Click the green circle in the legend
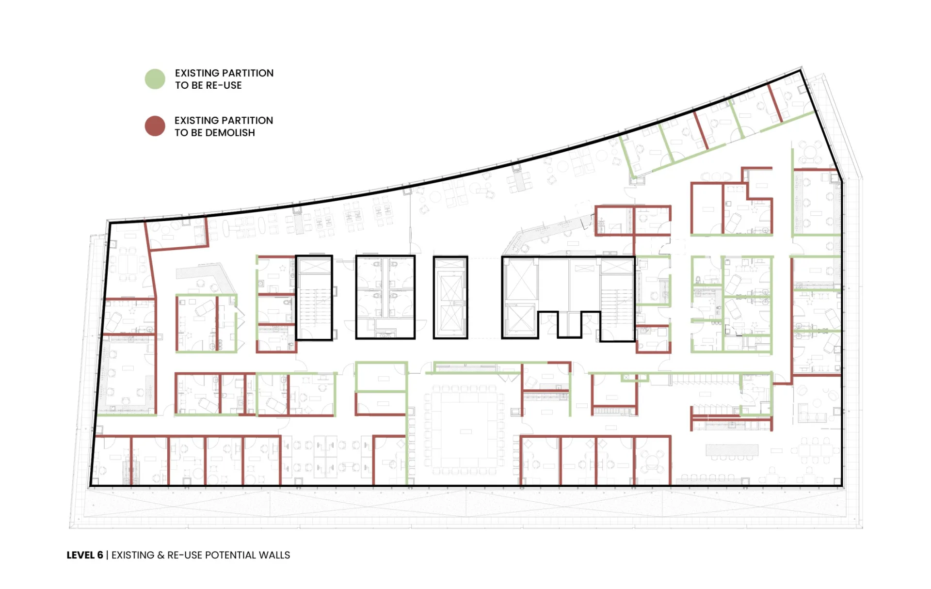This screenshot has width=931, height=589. [x=155, y=79]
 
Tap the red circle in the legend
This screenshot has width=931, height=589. [x=155, y=126]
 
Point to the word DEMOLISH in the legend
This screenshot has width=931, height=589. [x=230, y=133]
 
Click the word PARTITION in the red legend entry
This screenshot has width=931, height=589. [x=248, y=120]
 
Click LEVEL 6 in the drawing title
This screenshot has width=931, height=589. [x=85, y=555]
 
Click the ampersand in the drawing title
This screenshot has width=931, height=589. [x=161, y=555]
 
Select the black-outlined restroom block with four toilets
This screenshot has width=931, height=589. [x=385, y=297]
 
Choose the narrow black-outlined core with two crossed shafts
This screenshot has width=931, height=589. [x=450, y=297]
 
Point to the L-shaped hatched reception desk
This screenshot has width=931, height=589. [x=206, y=274]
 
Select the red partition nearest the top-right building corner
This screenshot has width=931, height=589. [x=775, y=102]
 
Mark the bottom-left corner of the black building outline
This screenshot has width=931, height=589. [x=90, y=485]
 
